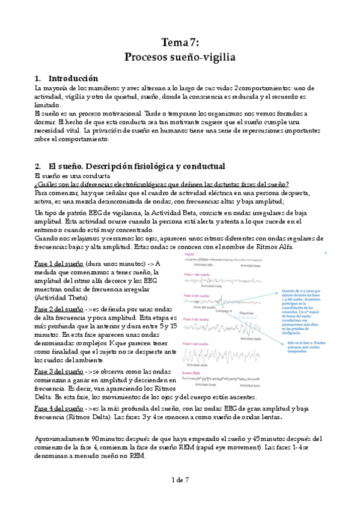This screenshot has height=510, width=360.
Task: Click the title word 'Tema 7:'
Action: tap(180, 42)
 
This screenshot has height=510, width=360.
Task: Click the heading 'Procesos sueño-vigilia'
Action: tap(180, 58)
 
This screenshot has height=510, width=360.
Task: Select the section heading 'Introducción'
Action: tap(73, 79)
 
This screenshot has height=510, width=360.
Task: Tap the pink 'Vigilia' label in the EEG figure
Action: tap(189, 254)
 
